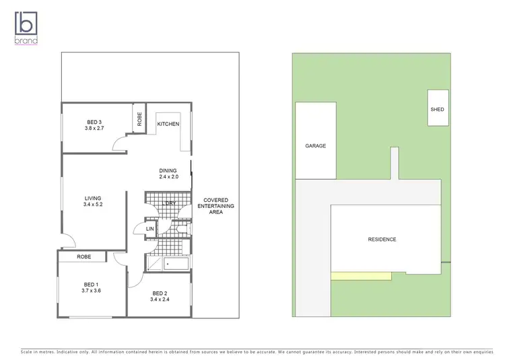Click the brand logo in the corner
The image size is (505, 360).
point(26,27)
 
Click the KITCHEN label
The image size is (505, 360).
point(168,124)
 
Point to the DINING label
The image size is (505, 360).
point(168,170)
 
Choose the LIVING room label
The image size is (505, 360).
point(92,198)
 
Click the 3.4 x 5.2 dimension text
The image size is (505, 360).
point(92,205)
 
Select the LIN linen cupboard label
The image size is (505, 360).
point(149,229)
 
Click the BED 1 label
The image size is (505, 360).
point(91,285)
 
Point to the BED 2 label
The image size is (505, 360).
point(159,293)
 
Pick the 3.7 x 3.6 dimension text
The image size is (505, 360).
point(91,291)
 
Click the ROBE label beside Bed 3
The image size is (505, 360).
point(139,118)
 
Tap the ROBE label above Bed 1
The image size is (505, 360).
point(83,256)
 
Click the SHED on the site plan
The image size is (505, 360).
point(437,109)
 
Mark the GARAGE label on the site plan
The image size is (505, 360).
point(316,146)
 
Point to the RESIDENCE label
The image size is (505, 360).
point(382,240)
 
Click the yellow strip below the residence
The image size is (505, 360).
point(361,276)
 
